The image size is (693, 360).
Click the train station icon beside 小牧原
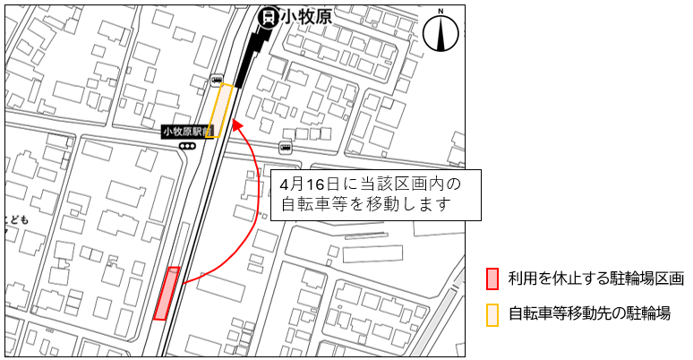[266, 16]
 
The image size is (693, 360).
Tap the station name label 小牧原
[301, 16]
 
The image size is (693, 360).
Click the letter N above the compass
[440, 12]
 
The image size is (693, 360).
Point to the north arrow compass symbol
[440, 34]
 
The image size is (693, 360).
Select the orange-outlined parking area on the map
[221, 110]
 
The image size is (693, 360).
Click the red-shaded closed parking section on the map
[167, 293]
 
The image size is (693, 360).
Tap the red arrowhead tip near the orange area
[236, 124]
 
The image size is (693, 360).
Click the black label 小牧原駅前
[187, 132]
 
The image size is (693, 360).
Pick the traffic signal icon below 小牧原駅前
[187, 146]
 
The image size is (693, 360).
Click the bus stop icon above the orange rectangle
[217, 81]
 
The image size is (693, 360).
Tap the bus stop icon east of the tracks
[285, 147]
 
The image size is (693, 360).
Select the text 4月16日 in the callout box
[306, 184]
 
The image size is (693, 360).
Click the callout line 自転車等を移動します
[364, 205]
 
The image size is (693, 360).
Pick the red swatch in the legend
[492, 279]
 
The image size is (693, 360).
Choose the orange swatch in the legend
[492, 313]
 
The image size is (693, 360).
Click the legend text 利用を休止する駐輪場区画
[595, 279]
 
